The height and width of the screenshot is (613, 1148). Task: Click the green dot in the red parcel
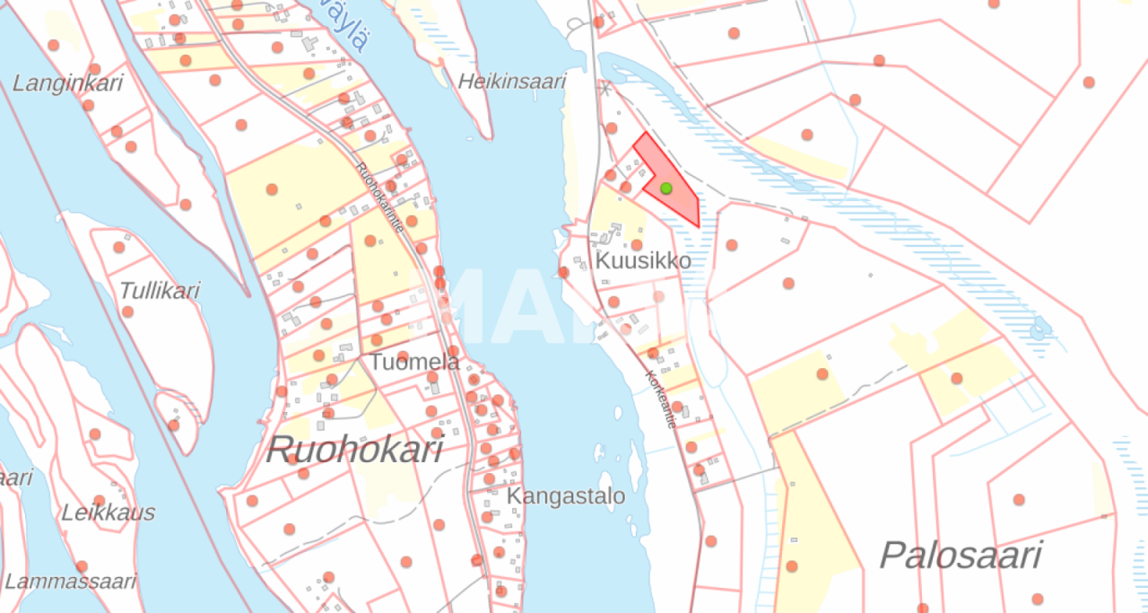click(x=666, y=188)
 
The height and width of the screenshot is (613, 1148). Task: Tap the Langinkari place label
click(x=67, y=83)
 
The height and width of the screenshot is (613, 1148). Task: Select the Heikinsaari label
click(x=512, y=82)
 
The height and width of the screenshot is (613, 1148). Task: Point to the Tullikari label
click(x=160, y=291)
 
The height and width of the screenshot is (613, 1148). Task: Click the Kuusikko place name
click(x=643, y=261)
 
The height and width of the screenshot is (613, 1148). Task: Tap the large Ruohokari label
click(x=354, y=450)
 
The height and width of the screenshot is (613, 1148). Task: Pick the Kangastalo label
click(x=566, y=496)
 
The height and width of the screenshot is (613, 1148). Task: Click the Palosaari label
click(x=960, y=556)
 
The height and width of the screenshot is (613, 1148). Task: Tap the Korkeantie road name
click(x=659, y=398)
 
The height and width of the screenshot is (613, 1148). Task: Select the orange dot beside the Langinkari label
click(x=88, y=105)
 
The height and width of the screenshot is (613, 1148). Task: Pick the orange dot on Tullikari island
click(x=127, y=311)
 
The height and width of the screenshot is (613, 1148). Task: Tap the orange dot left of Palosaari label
click(x=792, y=566)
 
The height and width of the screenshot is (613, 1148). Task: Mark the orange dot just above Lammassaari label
click(x=82, y=566)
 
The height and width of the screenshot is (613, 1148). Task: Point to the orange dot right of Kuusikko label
click(x=732, y=245)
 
